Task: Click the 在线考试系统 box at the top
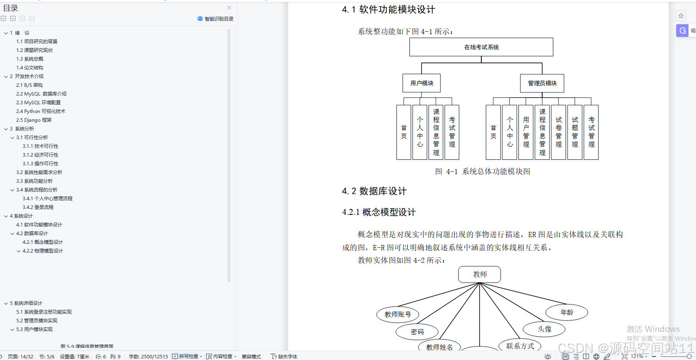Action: coord(481,47)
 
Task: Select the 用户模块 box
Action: coord(421,83)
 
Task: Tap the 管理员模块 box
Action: coord(542,83)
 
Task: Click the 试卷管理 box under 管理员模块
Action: coord(558,132)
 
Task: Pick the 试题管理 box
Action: coord(575,132)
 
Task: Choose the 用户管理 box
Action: coord(526,132)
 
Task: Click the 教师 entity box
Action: coord(480,274)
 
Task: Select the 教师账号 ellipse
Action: coord(398,314)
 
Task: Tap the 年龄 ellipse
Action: coord(567,312)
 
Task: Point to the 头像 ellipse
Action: coord(544,329)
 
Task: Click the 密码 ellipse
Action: coord(417,332)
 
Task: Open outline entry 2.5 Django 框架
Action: coord(34,120)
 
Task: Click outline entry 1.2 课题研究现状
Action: coord(34,50)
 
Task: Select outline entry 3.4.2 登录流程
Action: coord(38,207)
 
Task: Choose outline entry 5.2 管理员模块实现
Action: coord(37,321)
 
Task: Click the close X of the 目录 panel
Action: coord(229,8)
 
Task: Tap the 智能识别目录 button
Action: coord(216,19)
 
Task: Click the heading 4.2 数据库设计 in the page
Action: coord(374,191)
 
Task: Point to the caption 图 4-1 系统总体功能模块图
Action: coord(482,172)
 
